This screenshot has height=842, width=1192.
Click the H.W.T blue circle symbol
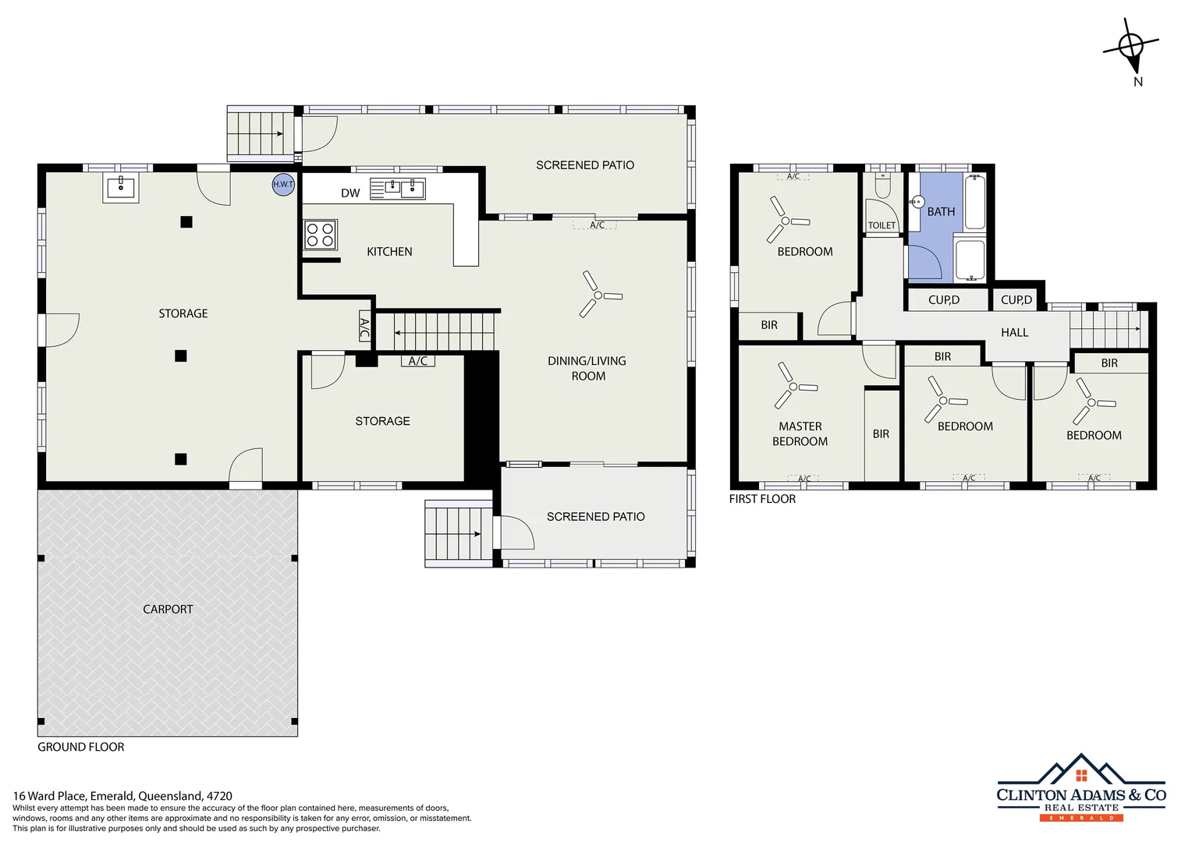[283, 184]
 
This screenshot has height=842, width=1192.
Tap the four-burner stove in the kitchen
[320, 235]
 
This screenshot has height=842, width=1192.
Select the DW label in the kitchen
[350, 193]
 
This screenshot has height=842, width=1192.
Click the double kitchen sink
[398, 189]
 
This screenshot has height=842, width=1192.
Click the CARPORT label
[168, 610]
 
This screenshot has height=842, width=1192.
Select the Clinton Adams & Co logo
[1081, 787]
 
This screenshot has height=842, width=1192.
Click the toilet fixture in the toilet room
[882, 186]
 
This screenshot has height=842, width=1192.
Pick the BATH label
[941, 212]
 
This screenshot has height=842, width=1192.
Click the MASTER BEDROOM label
[800, 433]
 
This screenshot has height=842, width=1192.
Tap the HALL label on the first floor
[1014, 333]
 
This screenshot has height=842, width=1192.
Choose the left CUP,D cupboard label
[944, 300]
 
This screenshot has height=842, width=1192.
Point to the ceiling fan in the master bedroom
[793, 386]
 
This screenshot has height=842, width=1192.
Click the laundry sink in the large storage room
[121, 188]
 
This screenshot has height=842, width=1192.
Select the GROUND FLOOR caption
[81, 747]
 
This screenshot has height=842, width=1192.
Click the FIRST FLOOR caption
[762, 499]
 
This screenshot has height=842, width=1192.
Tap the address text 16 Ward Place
[122, 796]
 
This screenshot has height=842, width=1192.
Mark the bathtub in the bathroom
[974, 203]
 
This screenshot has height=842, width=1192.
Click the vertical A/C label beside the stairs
[364, 327]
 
